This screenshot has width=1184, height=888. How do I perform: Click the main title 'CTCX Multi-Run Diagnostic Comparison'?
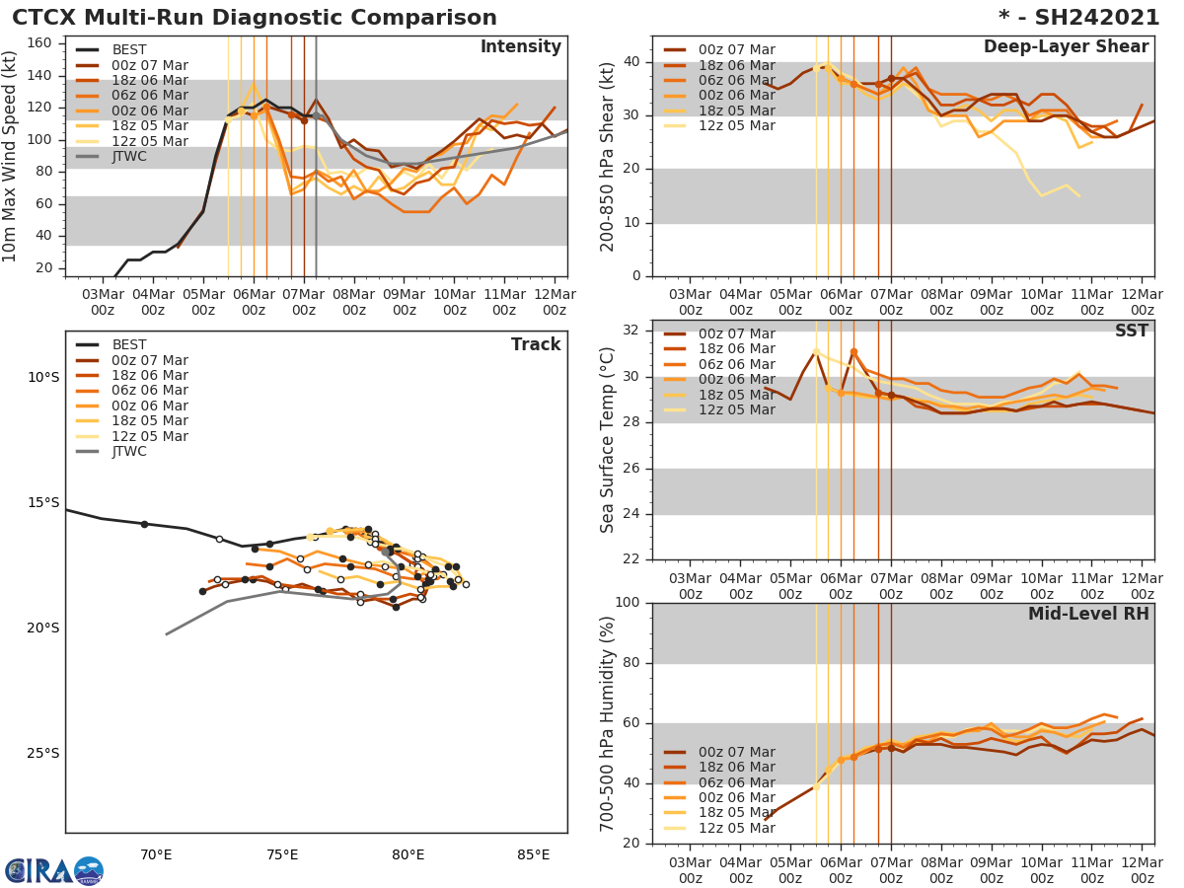click(255, 18)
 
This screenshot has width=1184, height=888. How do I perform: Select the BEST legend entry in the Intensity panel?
click(128, 50)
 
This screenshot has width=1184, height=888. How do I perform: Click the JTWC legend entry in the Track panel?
click(128, 452)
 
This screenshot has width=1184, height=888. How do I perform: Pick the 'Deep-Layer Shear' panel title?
click(1066, 47)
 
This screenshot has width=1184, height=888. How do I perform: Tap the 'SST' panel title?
click(1132, 332)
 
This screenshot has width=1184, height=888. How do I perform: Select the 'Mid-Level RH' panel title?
click(1088, 614)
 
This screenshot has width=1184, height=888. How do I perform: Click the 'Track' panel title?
click(536, 344)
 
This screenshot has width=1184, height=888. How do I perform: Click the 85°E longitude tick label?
click(534, 854)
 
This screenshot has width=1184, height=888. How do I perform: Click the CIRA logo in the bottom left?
click(54, 870)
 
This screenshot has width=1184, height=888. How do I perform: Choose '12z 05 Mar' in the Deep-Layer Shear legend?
click(736, 125)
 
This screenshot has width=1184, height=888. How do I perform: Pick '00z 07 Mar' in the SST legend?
click(736, 334)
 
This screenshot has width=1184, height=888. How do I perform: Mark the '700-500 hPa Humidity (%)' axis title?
click(608, 723)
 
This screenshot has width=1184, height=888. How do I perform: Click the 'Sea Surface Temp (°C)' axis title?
click(608, 440)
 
